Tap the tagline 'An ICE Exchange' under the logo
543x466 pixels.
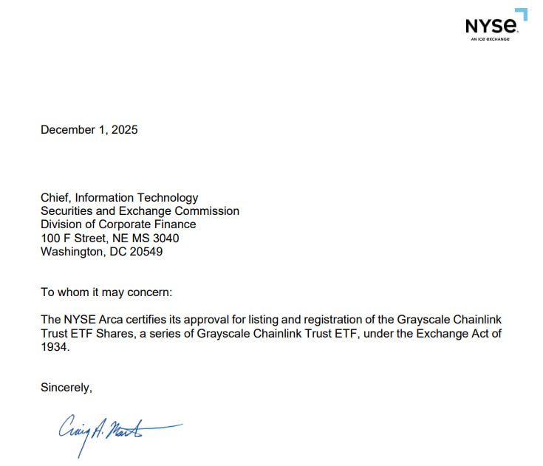pyautogui.click(x=491, y=39)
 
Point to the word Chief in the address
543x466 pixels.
pyautogui.click(x=56, y=198)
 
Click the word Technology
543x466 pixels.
pyautogui.click(x=169, y=198)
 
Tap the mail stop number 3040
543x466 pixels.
pyautogui.click(x=164, y=238)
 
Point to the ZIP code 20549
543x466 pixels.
pyautogui.click(x=146, y=251)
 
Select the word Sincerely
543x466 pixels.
pyautogui.click(x=66, y=387)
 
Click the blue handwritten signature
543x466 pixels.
pyautogui.click(x=111, y=431)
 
